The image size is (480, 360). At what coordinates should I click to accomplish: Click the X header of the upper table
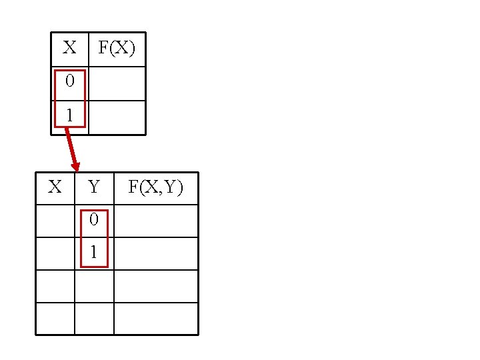69,48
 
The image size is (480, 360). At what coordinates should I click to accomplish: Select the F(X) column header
117,48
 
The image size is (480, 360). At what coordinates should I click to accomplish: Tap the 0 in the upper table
69,82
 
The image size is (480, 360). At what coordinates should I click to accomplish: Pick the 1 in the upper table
69,115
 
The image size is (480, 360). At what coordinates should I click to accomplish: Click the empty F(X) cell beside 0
117,83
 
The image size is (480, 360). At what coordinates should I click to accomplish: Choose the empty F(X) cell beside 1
117,117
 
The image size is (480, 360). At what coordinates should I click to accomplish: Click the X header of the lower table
55,187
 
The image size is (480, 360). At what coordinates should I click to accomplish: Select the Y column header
94,187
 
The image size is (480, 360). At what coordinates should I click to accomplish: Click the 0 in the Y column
94,219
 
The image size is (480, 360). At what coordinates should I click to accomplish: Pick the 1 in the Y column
94,253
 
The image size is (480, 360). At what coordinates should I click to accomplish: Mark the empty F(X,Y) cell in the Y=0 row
156,221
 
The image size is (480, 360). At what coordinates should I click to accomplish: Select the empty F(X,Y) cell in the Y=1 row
156,253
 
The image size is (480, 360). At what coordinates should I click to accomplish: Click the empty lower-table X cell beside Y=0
55,221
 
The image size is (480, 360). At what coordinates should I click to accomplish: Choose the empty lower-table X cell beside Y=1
55,253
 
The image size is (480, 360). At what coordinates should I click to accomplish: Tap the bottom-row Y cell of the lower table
94,319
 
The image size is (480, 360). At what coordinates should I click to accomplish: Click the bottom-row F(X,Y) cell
156,319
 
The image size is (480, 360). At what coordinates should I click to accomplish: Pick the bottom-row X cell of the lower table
55,319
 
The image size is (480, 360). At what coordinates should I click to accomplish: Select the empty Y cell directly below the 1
94,286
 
